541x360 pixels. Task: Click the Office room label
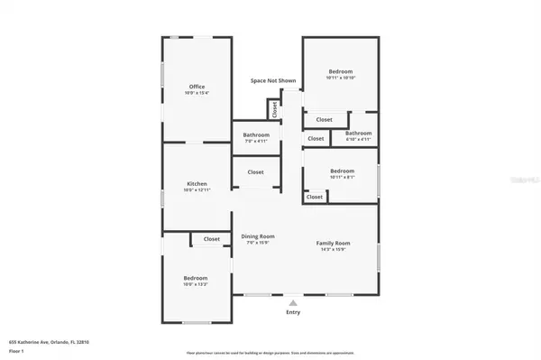tap(197, 87)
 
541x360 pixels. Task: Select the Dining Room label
tap(257, 236)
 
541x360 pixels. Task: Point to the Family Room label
tap(333, 244)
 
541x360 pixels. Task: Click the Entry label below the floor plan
tap(293, 312)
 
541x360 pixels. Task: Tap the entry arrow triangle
tap(293, 302)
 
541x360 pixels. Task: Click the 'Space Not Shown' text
tap(273, 80)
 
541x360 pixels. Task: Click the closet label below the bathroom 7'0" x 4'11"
tap(255, 171)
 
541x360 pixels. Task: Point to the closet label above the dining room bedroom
tap(211, 239)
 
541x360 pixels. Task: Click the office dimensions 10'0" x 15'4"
tap(197, 94)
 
